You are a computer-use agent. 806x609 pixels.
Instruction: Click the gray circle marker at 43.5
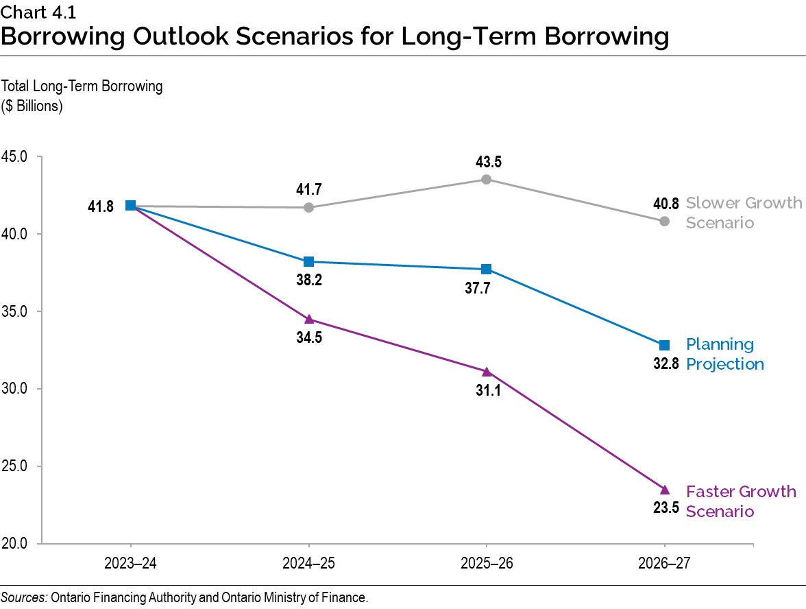pos(486,179)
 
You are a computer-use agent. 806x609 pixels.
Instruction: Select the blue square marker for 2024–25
pos(308,261)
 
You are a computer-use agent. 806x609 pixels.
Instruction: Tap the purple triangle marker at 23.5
pos(664,490)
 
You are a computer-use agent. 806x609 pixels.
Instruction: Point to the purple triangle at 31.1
pos(486,372)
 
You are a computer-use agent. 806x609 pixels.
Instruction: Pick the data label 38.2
pos(308,280)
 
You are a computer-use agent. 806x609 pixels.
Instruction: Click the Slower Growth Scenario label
pos(743,213)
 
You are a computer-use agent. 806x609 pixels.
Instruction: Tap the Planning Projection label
pos(724,354)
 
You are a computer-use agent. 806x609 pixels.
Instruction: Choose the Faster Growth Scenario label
pos(740,501)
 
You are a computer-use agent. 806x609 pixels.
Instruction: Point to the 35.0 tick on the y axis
pos(17,311)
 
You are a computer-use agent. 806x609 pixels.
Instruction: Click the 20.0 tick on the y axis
pos(17,544)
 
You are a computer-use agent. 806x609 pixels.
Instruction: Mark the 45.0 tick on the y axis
pos(17,156)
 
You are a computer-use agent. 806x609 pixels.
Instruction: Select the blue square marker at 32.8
pos(664,345)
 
